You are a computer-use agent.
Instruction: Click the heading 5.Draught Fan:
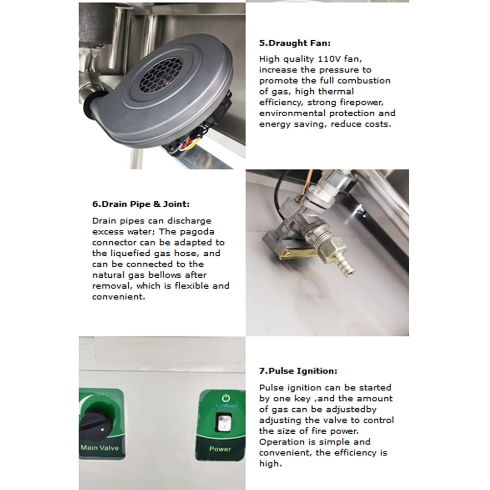pos(294,43)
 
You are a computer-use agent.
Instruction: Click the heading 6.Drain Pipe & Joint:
pos(141,204)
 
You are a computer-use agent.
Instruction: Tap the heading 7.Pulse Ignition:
pos(298,371)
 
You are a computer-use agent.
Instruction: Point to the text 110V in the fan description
pos(329,59)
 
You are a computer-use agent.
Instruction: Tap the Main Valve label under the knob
pos(99,447)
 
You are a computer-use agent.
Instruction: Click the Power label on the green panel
pos(220,449)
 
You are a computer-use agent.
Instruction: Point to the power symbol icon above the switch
pos(225,398)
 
